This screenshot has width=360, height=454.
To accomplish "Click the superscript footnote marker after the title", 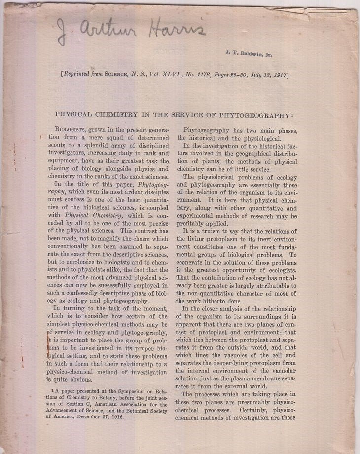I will [x=292, y=113].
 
